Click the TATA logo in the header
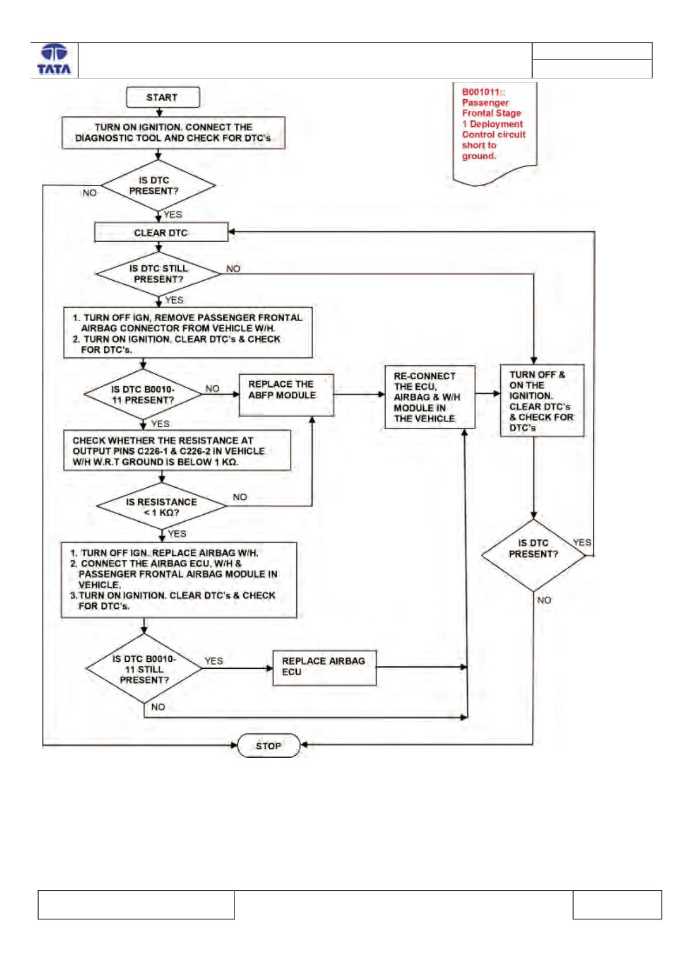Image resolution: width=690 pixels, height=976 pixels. coord(54,59)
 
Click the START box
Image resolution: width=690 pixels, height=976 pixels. coord(163,97)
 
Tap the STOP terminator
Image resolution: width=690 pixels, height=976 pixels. coord(269,745)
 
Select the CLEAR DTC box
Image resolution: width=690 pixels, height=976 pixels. coord(161,232)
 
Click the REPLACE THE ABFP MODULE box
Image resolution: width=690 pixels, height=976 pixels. coord(286,395)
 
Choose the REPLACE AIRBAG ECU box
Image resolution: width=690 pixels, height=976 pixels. coord(324,668)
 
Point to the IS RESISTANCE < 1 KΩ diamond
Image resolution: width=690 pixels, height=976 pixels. coord(161,506)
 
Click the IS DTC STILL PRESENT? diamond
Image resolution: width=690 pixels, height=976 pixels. coord(158,274)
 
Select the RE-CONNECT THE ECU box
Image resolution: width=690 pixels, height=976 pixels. coord(429,397)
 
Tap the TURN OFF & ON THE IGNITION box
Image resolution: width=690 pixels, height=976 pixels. coord(542,401)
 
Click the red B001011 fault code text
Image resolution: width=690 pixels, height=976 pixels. coord(483,92)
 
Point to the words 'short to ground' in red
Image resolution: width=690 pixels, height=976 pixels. coord(479,151)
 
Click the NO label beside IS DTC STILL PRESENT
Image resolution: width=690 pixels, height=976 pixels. coord(233,269)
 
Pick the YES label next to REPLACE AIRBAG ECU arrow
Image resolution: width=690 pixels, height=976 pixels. coord(213,661)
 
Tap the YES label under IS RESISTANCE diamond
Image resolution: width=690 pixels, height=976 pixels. coord(177,534)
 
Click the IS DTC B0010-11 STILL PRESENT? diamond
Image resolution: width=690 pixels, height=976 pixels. coord(144,669)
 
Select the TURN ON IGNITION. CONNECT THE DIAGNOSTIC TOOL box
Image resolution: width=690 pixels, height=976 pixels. coord(174,133)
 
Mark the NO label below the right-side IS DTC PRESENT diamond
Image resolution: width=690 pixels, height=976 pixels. coord(544,600)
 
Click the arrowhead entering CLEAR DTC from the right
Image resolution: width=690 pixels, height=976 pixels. coord(232,232)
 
